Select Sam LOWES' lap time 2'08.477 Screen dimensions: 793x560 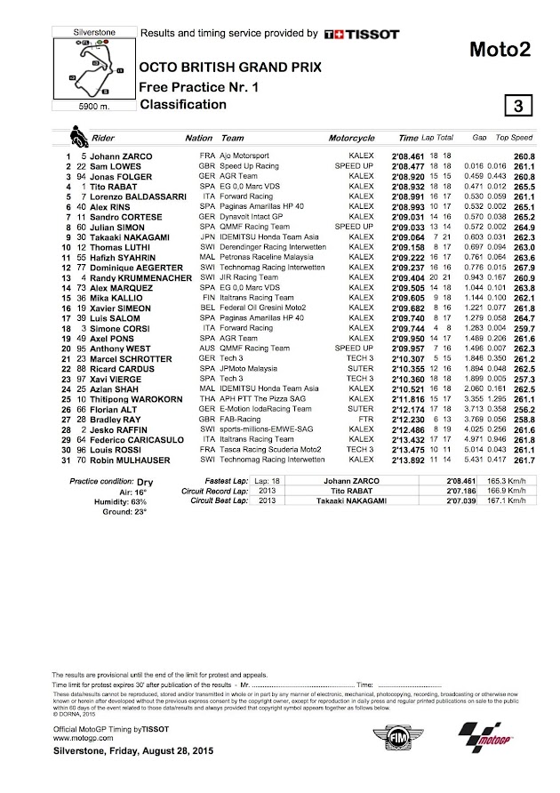pyautogui.click(x=412, y=165)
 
